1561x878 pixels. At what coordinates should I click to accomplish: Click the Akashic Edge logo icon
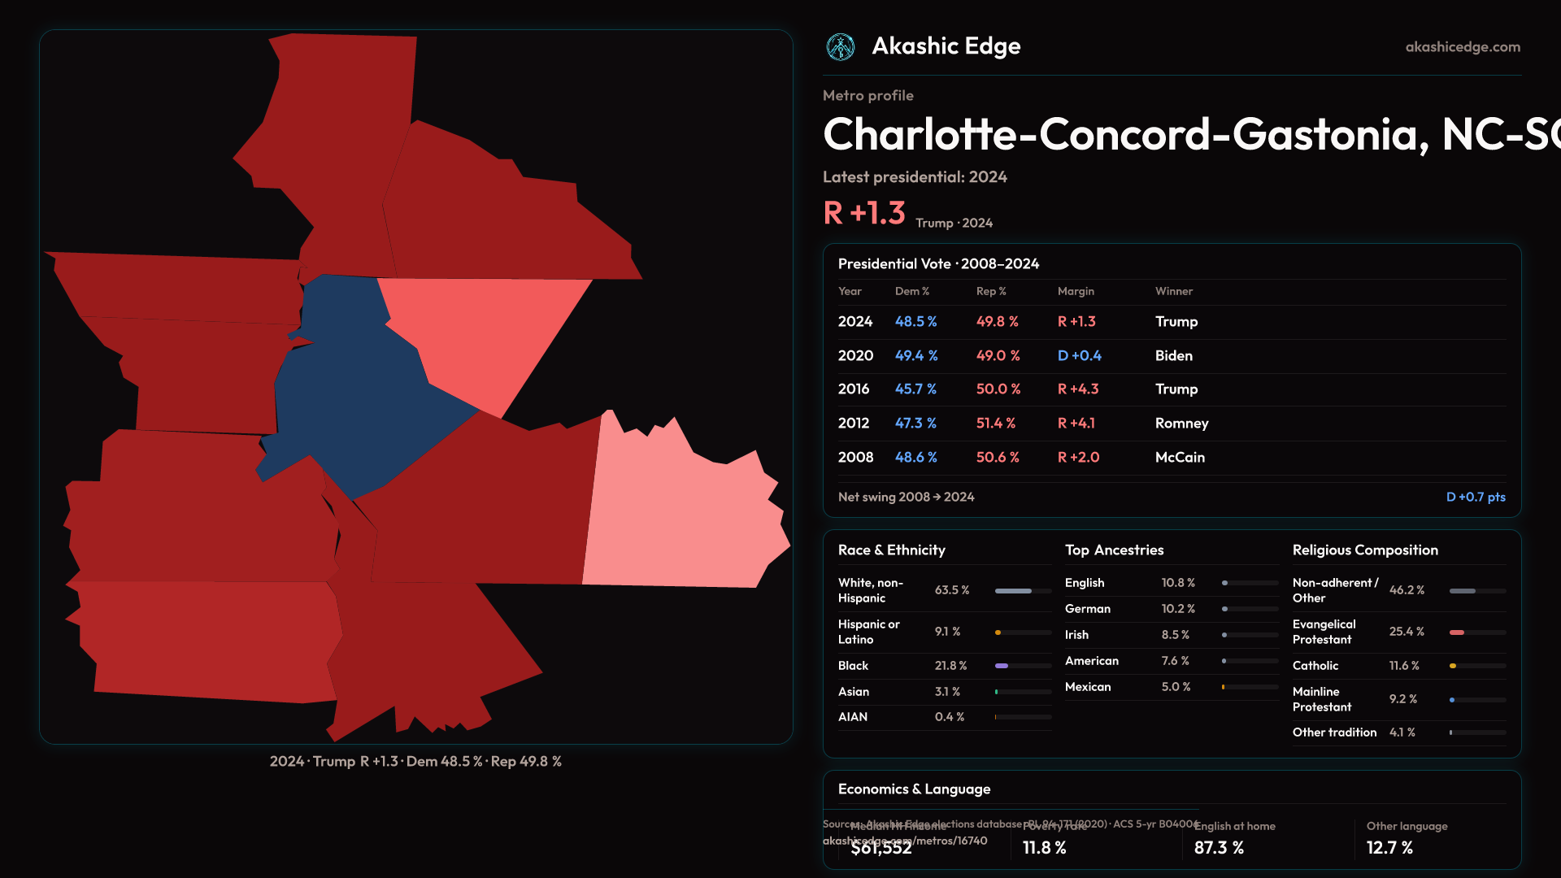coord(841,47)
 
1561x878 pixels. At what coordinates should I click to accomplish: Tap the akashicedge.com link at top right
coord(1463,47)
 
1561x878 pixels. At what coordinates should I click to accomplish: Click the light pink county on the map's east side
coord(683,520)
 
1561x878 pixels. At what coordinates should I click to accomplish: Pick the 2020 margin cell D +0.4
coord(1079,356)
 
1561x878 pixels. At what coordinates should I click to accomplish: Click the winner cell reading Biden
coord(1173,356)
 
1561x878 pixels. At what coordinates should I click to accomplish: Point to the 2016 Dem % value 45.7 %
coord(915,389)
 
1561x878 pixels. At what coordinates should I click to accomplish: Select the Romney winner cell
coord(1181,424)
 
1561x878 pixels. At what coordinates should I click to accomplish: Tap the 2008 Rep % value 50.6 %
coord(998,458)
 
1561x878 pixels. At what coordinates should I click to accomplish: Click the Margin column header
coord(1076,291)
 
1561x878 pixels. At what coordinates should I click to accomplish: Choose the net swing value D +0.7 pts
coord(1475,497)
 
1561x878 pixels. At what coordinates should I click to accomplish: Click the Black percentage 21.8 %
coord(950,666)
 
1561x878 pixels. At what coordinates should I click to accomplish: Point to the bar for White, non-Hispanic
coord(1014,591)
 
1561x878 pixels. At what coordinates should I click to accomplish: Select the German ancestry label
coord(1087,609)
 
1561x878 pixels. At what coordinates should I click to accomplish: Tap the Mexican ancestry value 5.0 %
coord(1176,687)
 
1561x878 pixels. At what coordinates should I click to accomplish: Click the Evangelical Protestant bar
coord(1458,632)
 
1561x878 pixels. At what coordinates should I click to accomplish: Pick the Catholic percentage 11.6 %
coord(1404,666)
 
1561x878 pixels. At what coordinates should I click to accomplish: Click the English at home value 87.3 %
coord(1219,848)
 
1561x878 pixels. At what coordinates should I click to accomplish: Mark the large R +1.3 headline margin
coord(863,213)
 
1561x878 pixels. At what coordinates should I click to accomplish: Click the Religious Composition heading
coord(1365,550)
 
